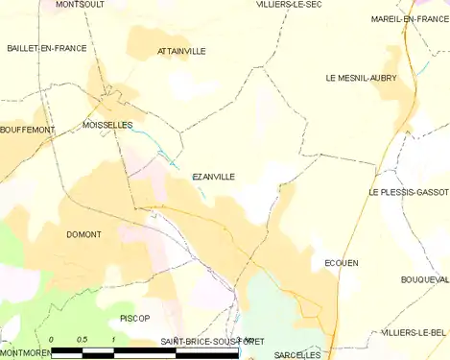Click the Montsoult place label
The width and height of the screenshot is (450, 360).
click(x=80, y=5)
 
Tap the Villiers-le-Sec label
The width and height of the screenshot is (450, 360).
click(x=288, y=5)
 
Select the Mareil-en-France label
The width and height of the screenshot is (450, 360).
click(x=410, y=19)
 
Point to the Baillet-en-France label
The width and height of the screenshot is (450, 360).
click(x=46, y=48)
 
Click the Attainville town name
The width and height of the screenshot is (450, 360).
click(x=180, y=52)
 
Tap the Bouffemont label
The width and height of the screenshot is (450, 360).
click(x=28, y=130)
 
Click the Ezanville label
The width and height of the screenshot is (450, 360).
click(x=213, y=177)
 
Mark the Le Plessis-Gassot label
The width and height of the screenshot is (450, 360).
click(x=408, y=192)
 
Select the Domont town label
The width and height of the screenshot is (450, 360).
click(x=84, y=235)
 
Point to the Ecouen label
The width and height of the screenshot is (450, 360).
click(x=342, y=263)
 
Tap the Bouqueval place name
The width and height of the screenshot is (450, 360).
click(x=425, y=279)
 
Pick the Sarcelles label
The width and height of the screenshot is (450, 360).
click(x=297, y=354)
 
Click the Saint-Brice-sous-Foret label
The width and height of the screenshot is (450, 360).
click(x=213, y=342)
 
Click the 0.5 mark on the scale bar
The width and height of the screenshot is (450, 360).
click(x=83, y=341)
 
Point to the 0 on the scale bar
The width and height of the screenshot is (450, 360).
click(x=51, y=341)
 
